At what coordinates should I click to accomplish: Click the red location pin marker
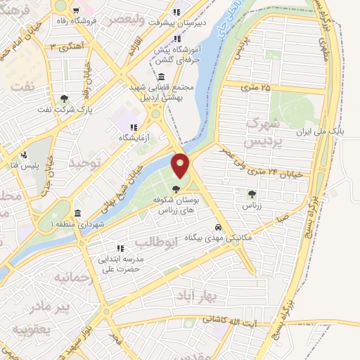pyautogui.click(x=181, y=166)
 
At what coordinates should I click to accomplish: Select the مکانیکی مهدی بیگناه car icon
pyautogui.click(x=219, y=228)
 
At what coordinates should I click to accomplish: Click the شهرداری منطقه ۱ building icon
pyautogui.click(x=77, y=213)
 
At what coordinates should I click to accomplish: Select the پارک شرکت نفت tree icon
pyautogui.click(x=65, y=98)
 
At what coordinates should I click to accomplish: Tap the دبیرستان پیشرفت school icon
pyautogui.click(x=176, y=11)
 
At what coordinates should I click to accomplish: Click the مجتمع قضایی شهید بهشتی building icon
pyautogui.click(x=162, y=77)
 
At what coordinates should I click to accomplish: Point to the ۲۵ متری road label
pyautogui.click(x=256, y=87)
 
